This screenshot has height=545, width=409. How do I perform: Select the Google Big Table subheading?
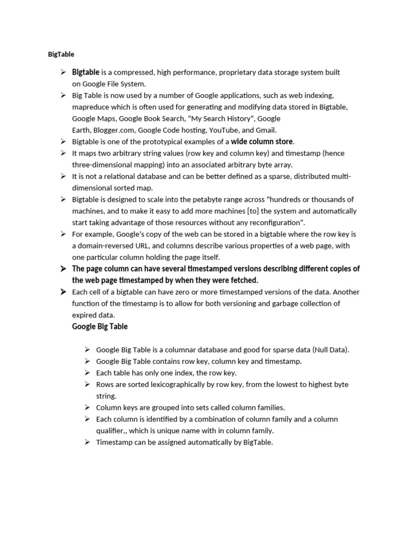point(100,326)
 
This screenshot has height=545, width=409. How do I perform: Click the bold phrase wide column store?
point(262,142)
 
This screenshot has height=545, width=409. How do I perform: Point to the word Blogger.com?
point(115,130)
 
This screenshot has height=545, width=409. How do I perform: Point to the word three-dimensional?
point(105,164)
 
